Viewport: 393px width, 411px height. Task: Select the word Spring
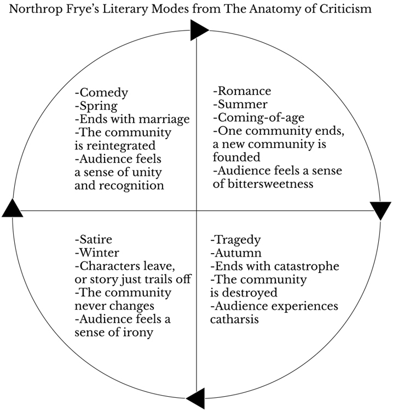[x=99, y=106]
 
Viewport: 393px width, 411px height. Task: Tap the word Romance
[x=244, y=92]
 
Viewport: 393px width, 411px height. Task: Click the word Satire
[x=96, y=239]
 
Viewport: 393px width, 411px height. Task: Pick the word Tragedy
[x=238, y=240]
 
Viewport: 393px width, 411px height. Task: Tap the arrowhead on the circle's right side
[x=380, y=210]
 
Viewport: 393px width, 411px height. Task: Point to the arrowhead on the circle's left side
[x=13, y=208]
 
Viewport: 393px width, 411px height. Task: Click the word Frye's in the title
[x=108, y=9]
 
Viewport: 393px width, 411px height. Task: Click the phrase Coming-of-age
[x=261, y=118]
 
